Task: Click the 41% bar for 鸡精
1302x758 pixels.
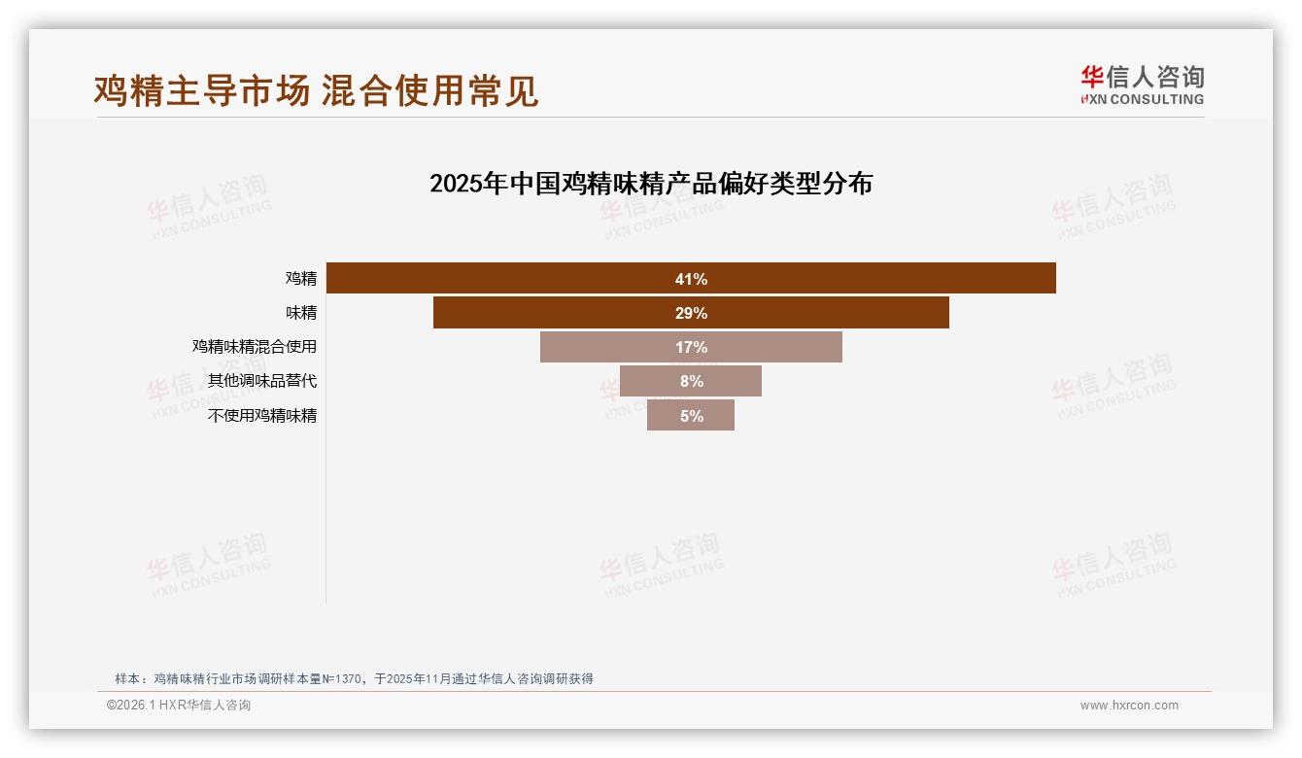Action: tap(874, 279)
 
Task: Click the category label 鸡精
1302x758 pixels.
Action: tap(301, 279)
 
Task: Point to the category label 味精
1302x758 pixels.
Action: tap(301, 313)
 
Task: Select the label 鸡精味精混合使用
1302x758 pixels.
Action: tap(255, 347)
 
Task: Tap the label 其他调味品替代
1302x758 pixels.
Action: tap(262, 381)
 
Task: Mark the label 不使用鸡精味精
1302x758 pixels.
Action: tap(262, 415)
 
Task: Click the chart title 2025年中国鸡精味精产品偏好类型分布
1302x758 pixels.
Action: tap(651, 184)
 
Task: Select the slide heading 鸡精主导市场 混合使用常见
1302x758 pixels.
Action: tap(316, 90)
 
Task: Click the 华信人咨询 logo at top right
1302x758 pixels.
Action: tap(1142, 85)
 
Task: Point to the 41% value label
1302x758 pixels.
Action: tap(691, 279)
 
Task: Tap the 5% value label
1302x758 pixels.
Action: tap(692, 416)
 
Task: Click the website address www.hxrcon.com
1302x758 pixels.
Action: tap(1129, 706)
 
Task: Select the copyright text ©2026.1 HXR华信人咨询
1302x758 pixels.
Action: tap(179, 706)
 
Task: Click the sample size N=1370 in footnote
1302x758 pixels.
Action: tap(336, 679)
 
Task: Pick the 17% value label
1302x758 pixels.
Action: tap(691, 347)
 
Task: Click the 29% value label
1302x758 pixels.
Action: tap(691, 313)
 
